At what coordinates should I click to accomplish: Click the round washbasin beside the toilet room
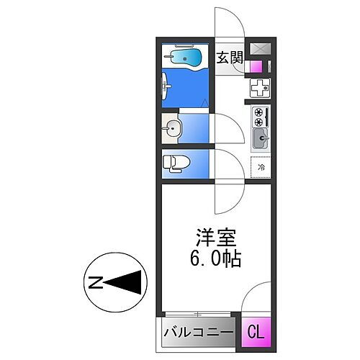click(x=173, y=130)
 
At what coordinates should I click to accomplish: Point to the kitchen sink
click(x=260, y=135)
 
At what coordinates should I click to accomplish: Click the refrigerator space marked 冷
click(x=260, y=167)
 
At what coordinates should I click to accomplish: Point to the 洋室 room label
click(x=213, y=236)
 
